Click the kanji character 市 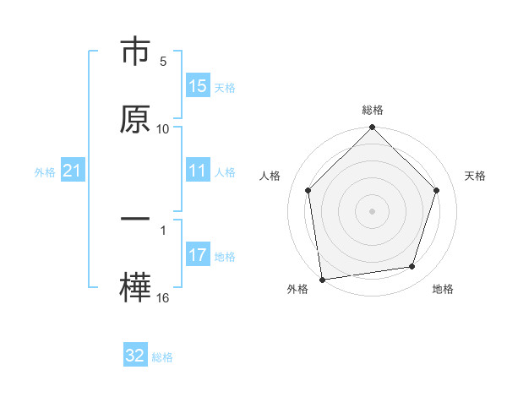click(136, 53)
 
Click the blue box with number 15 click(198, 86)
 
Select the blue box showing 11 click(198, 171)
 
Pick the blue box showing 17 click(198, 256)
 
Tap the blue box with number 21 click(73, 171)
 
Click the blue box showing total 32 click(135, 356)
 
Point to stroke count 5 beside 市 click(163, 62)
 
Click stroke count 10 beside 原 click(163, 128)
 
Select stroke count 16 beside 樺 click(163, 297)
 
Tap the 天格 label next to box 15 click(224, 87)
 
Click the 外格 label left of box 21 click(45, 172)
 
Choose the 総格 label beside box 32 click(162, 356)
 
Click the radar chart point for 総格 click(372, 128)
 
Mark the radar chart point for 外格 click(322, 278)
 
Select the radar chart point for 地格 click(412, 267)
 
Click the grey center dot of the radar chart click(372, 210)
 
